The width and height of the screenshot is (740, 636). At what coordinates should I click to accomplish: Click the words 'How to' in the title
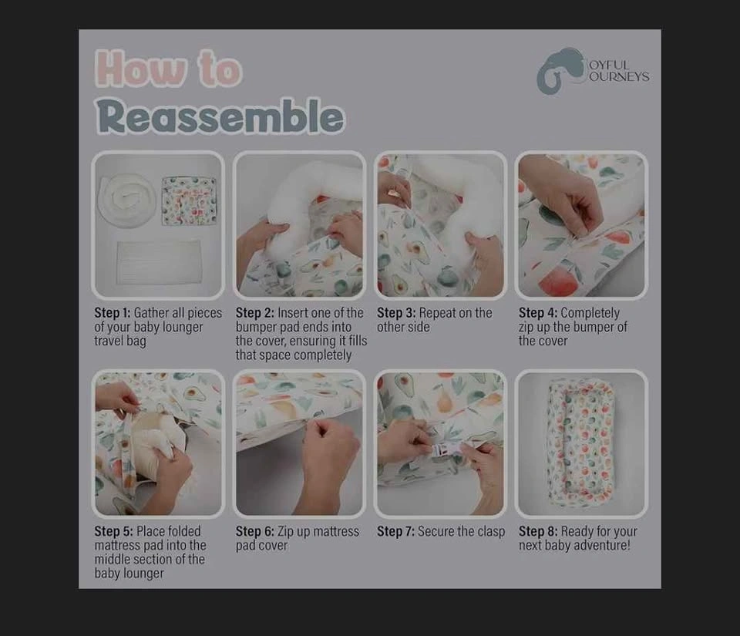(x=169, y=69)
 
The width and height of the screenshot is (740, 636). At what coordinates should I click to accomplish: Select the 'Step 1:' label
(x=112, y=313)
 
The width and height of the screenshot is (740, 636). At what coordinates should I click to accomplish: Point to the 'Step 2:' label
(x=254, y=313)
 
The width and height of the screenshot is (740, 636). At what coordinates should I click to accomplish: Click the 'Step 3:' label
(x=396, y=313)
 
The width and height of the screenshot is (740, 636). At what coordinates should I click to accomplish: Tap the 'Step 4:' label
(x=538, y=313)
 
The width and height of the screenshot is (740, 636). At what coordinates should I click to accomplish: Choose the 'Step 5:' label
(x=113, y=531)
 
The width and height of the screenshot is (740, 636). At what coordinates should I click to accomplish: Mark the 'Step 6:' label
(x=255, y=531)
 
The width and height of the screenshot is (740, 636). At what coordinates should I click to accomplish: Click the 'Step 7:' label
(x=395, y=531)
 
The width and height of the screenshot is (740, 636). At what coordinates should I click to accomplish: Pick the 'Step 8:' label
(x=538, y=531)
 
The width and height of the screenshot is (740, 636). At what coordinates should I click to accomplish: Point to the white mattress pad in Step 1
(x=159, y=261)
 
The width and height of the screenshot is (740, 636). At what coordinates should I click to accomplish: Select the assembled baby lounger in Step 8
(x=581, y=443)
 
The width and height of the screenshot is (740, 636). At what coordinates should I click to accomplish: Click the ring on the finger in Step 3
(x=392, y=192)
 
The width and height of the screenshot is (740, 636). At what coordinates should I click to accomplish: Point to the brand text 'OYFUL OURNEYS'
(x=618, y=71)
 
